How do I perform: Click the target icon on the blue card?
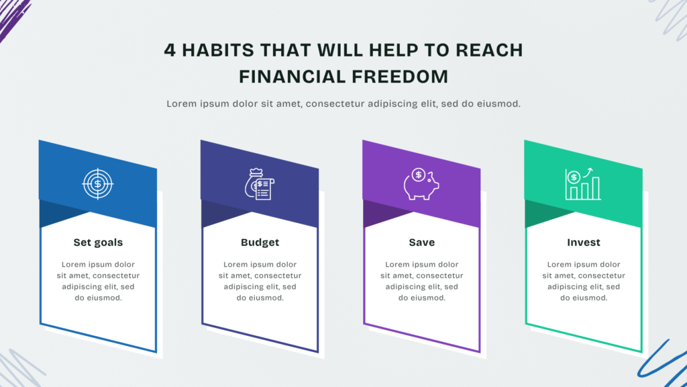98,184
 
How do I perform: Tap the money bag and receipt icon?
260,184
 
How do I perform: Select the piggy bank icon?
421,184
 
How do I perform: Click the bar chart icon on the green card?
583,184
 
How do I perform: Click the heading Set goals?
98,242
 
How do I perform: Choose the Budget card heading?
260,242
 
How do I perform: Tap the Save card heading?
422,242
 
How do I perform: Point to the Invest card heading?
584,242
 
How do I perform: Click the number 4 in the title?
170,50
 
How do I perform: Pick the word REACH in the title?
489,50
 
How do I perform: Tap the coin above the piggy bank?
419,175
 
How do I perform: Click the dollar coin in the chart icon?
574,177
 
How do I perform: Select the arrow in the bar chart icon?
588,173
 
